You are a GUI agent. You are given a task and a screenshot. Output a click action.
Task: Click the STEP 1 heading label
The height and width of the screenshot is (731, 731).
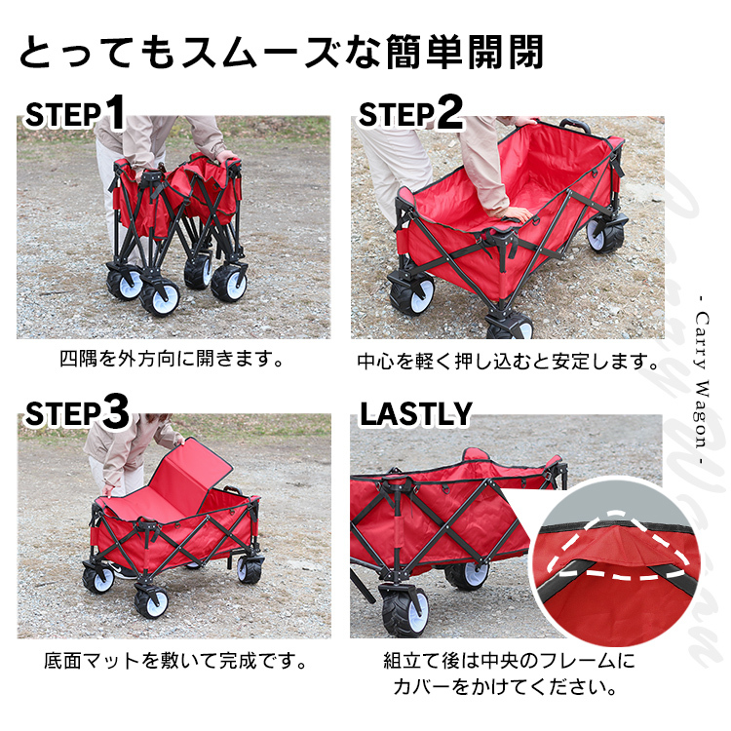(75, 112)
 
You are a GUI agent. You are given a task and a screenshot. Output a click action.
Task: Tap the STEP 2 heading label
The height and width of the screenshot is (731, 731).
(410, 112)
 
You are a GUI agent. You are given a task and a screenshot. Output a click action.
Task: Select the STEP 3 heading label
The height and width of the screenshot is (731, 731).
(77, 412)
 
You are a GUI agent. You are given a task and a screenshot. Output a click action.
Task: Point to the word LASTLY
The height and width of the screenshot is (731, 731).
(416, 413)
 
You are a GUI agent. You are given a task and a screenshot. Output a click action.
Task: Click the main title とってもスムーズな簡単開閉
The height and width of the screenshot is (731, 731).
(282, 53)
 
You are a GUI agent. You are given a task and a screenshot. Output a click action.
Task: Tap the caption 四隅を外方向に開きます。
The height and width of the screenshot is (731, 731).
(172, 359)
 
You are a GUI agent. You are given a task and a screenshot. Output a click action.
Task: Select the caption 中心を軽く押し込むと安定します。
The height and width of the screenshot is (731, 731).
(507, 362)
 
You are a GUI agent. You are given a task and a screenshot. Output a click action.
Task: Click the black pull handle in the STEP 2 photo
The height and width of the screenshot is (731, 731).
(575, 126)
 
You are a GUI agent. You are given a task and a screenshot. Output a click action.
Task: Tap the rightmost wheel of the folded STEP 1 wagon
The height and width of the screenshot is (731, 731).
(229, 283)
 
